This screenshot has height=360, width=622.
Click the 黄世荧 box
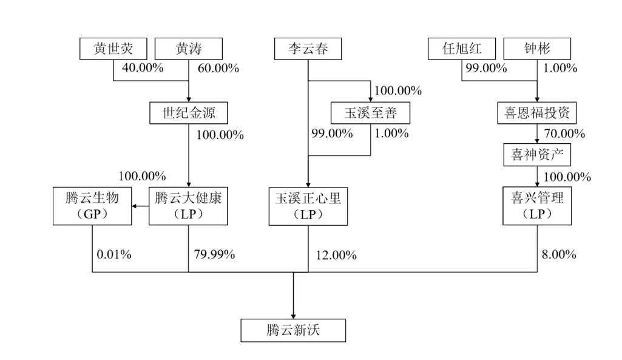click(113, 49)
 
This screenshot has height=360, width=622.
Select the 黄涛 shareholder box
click(189, 49)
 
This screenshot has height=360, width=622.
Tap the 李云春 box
click(308, 49)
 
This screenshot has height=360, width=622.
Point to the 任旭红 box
click(462, 49)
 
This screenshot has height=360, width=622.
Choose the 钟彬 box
click(537, 49)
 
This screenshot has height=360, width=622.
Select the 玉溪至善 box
click(370, 113)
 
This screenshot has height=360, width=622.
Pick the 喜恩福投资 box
click(537, 113)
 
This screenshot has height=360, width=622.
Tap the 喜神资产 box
click(537, 155)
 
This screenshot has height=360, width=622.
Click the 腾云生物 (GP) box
click(92, 206)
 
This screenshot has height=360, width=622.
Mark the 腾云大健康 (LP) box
click(188, 206)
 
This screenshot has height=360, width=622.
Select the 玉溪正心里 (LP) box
click(308, 206)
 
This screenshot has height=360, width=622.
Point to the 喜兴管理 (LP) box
click(537, 206)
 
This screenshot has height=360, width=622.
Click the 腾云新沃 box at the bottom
click(294, 331)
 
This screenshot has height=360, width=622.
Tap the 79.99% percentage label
click(214, 254)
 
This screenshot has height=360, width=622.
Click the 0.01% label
click(114, 254)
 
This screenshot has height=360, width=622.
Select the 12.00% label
click(336, 255)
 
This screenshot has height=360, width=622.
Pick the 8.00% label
click(558, 254)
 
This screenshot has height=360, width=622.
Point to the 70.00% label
click(564, 134)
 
